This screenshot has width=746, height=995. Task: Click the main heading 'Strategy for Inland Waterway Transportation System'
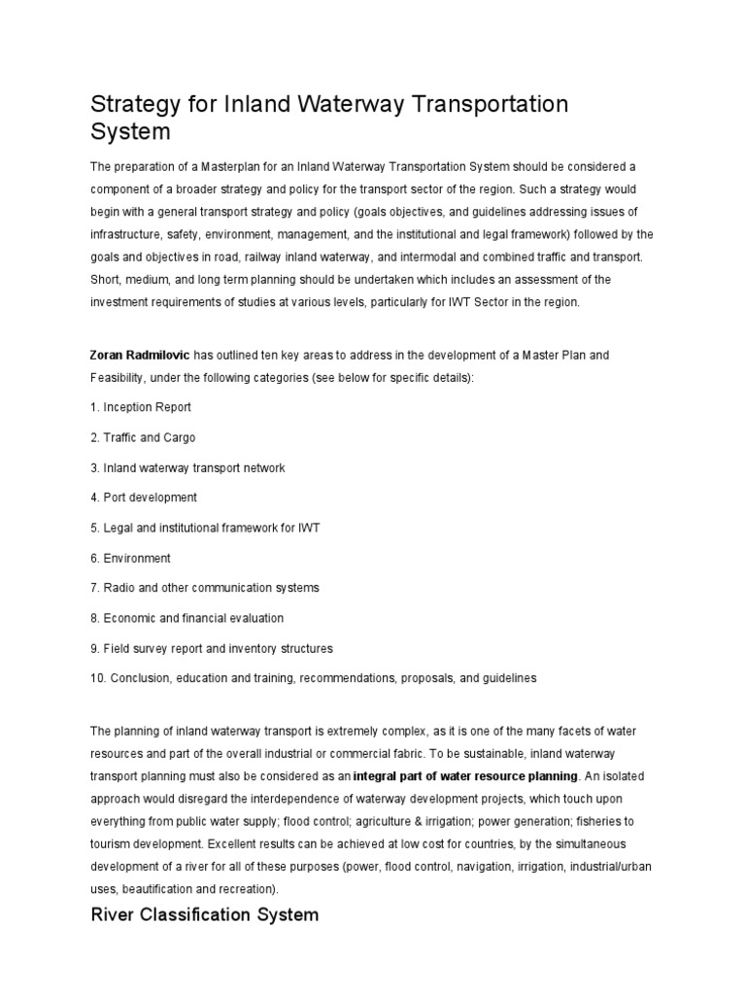coord(329,117)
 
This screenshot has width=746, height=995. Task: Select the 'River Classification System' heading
coord(204,914)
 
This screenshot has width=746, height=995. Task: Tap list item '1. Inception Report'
coord(141,407)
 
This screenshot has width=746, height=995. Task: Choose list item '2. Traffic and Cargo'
coord(143,437)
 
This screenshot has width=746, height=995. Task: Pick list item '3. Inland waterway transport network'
coord(187,467)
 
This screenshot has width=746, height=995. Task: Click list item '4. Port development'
coord(144,497)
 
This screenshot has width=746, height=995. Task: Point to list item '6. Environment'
coord(130,558)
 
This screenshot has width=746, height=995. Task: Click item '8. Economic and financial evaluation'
coord(186,618)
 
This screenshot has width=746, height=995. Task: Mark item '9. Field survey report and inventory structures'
coord(211,648)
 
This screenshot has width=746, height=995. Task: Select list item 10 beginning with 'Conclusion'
coord(313,678)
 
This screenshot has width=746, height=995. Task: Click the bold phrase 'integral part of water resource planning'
coord(465,776)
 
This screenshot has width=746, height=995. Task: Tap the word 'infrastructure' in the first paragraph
coord(124,234)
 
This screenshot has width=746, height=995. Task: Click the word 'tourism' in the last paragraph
coord(113,844)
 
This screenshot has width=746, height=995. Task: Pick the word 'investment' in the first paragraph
coord(120,302)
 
